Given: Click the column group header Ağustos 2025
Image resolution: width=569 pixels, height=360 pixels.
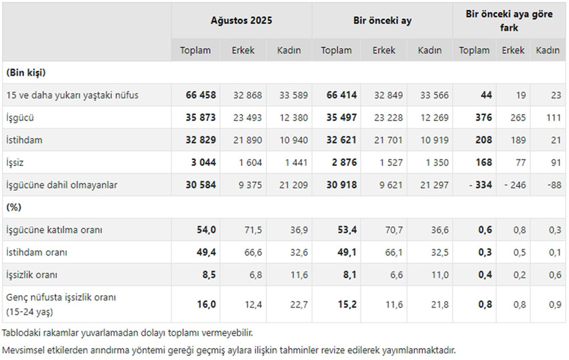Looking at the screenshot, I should pyautogui.click(x=241, y=20).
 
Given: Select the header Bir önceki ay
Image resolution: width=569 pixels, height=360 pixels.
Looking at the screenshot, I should pyautogui.click(x=382, y=20).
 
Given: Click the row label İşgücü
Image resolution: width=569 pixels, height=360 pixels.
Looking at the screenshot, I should pyautogui.click(x=20, y=117).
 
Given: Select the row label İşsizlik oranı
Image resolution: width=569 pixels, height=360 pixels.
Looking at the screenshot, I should pyautogui.click(x=31, y=275).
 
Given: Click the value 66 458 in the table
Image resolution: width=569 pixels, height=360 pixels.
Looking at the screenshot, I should pyautogui.click(x=201, y=95).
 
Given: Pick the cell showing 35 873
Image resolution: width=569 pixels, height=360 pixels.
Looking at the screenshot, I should pyautogui.click(x=201, y=117).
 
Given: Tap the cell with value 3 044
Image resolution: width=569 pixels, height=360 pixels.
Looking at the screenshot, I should pyautogui.click(x=203, y=162).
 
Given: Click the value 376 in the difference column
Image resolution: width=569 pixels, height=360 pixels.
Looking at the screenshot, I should pyautogui.click(x=483, y=117).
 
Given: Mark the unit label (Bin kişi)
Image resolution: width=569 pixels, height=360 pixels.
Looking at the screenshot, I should pyautogui.click(x=26, y=72).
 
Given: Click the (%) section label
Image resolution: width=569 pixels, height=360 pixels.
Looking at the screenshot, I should pyautogui.click(x=13, y=207).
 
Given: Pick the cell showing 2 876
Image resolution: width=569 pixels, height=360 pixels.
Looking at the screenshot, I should pyautogui.click(x=342, y=162).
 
